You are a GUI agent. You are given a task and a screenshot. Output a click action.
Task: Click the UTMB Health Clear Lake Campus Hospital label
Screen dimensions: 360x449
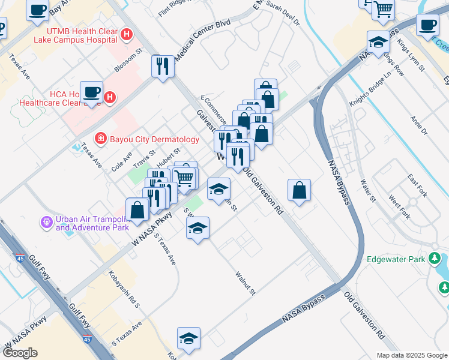75,34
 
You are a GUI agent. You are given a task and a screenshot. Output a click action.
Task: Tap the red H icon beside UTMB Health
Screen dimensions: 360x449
126,34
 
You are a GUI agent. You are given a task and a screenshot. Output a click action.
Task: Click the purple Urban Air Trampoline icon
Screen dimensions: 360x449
46,223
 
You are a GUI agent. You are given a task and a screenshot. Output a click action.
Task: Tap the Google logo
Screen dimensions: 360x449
20,352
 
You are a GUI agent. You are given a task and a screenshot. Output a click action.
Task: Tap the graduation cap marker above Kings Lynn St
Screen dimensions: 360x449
378,42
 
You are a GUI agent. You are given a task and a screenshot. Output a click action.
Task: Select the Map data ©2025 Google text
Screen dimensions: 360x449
411,355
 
